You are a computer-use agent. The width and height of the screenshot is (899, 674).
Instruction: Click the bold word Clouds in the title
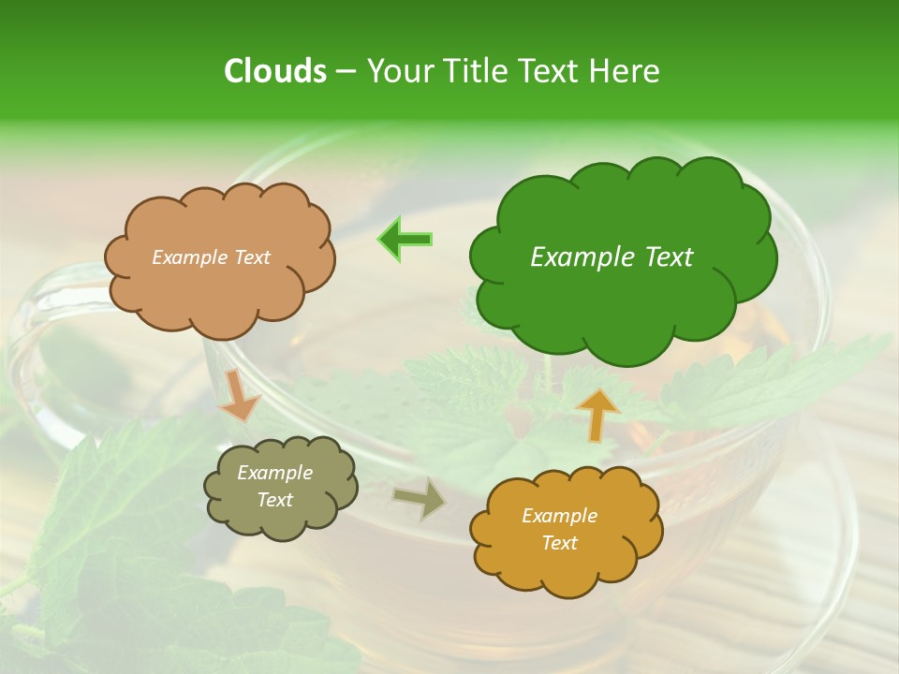tap(274, 70)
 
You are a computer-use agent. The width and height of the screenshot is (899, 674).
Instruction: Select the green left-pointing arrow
tap(405, 240)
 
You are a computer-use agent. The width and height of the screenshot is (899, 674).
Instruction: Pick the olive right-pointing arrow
tap(420, 498)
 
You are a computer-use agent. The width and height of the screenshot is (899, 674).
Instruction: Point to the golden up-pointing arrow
tap(597, 414)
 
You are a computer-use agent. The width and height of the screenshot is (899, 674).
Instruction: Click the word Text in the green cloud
tap(669, 256)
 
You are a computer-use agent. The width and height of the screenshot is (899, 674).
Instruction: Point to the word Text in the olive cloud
tap(275, 500)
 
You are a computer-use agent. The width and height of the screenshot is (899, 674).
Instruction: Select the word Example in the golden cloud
tap(559, 516)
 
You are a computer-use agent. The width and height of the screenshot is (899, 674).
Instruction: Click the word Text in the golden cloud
tap(559, 543)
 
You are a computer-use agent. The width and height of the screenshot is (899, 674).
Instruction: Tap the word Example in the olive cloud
tap(275, 473)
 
